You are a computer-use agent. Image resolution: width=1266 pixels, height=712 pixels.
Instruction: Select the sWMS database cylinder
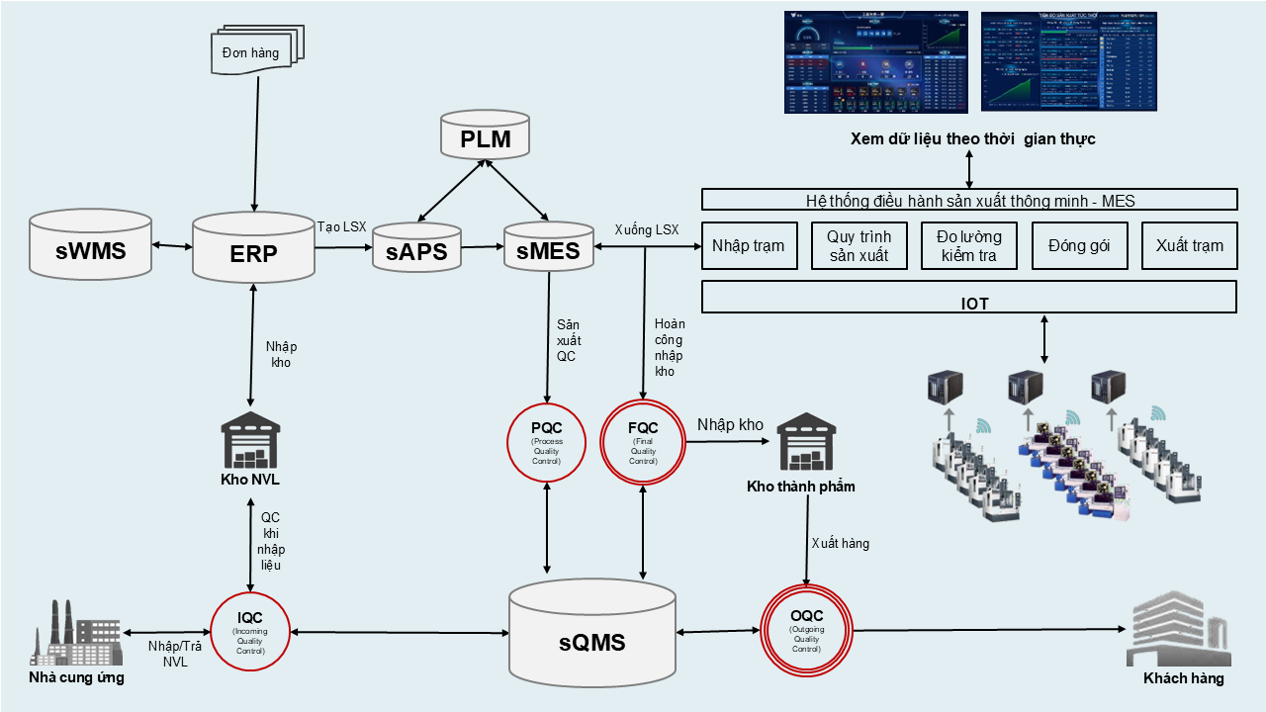point(90,247)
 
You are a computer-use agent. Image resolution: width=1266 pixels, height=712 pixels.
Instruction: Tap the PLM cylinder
point(486,136)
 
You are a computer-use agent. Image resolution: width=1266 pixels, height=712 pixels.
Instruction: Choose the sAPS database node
point(416,249)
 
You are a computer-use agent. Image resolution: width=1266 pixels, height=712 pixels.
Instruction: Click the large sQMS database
point(591,638)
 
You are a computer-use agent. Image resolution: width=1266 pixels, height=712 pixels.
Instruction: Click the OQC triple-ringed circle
point(806,630)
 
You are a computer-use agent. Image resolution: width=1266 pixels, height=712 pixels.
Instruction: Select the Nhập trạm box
point(749,246)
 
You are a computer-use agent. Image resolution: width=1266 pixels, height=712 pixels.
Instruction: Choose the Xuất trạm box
point(1189,246)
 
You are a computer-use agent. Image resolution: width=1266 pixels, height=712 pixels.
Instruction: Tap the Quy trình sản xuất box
point(859,246)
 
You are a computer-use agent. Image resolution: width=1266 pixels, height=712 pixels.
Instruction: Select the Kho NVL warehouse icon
point(250,442)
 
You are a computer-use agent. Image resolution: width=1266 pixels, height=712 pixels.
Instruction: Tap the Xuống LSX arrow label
point(646,229)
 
